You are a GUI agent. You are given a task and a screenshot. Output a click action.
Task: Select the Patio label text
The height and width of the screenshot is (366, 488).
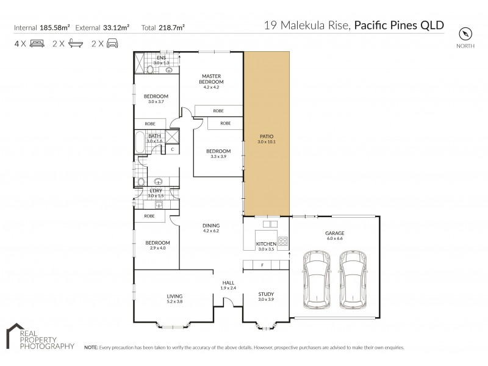coord(267,139)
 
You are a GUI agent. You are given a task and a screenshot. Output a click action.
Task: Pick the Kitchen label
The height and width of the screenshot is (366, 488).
coord(266,245)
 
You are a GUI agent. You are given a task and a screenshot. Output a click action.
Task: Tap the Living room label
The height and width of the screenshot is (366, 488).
coord(158,298)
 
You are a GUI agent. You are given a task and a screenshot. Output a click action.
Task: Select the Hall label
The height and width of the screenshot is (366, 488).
coord(228,284)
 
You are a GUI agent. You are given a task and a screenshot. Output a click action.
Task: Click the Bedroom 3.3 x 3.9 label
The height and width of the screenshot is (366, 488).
coord(218,153)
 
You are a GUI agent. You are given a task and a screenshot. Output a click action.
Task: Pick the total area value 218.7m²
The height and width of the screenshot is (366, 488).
coord(171,27)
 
